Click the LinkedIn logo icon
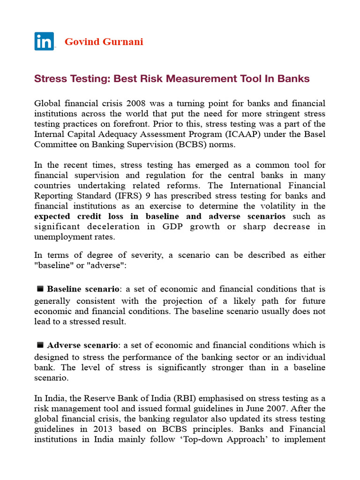(x=44, y=41)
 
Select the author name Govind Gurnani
(x=104, y=42)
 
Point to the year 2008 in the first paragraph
(x=132, y=103)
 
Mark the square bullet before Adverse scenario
(x=40, y=345)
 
